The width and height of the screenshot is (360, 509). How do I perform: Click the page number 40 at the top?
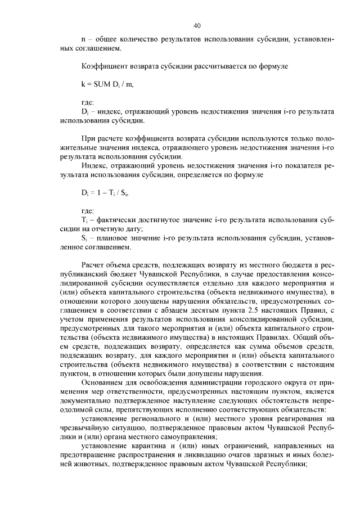point(197,25)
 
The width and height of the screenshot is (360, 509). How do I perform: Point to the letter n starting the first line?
point(83,40)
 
